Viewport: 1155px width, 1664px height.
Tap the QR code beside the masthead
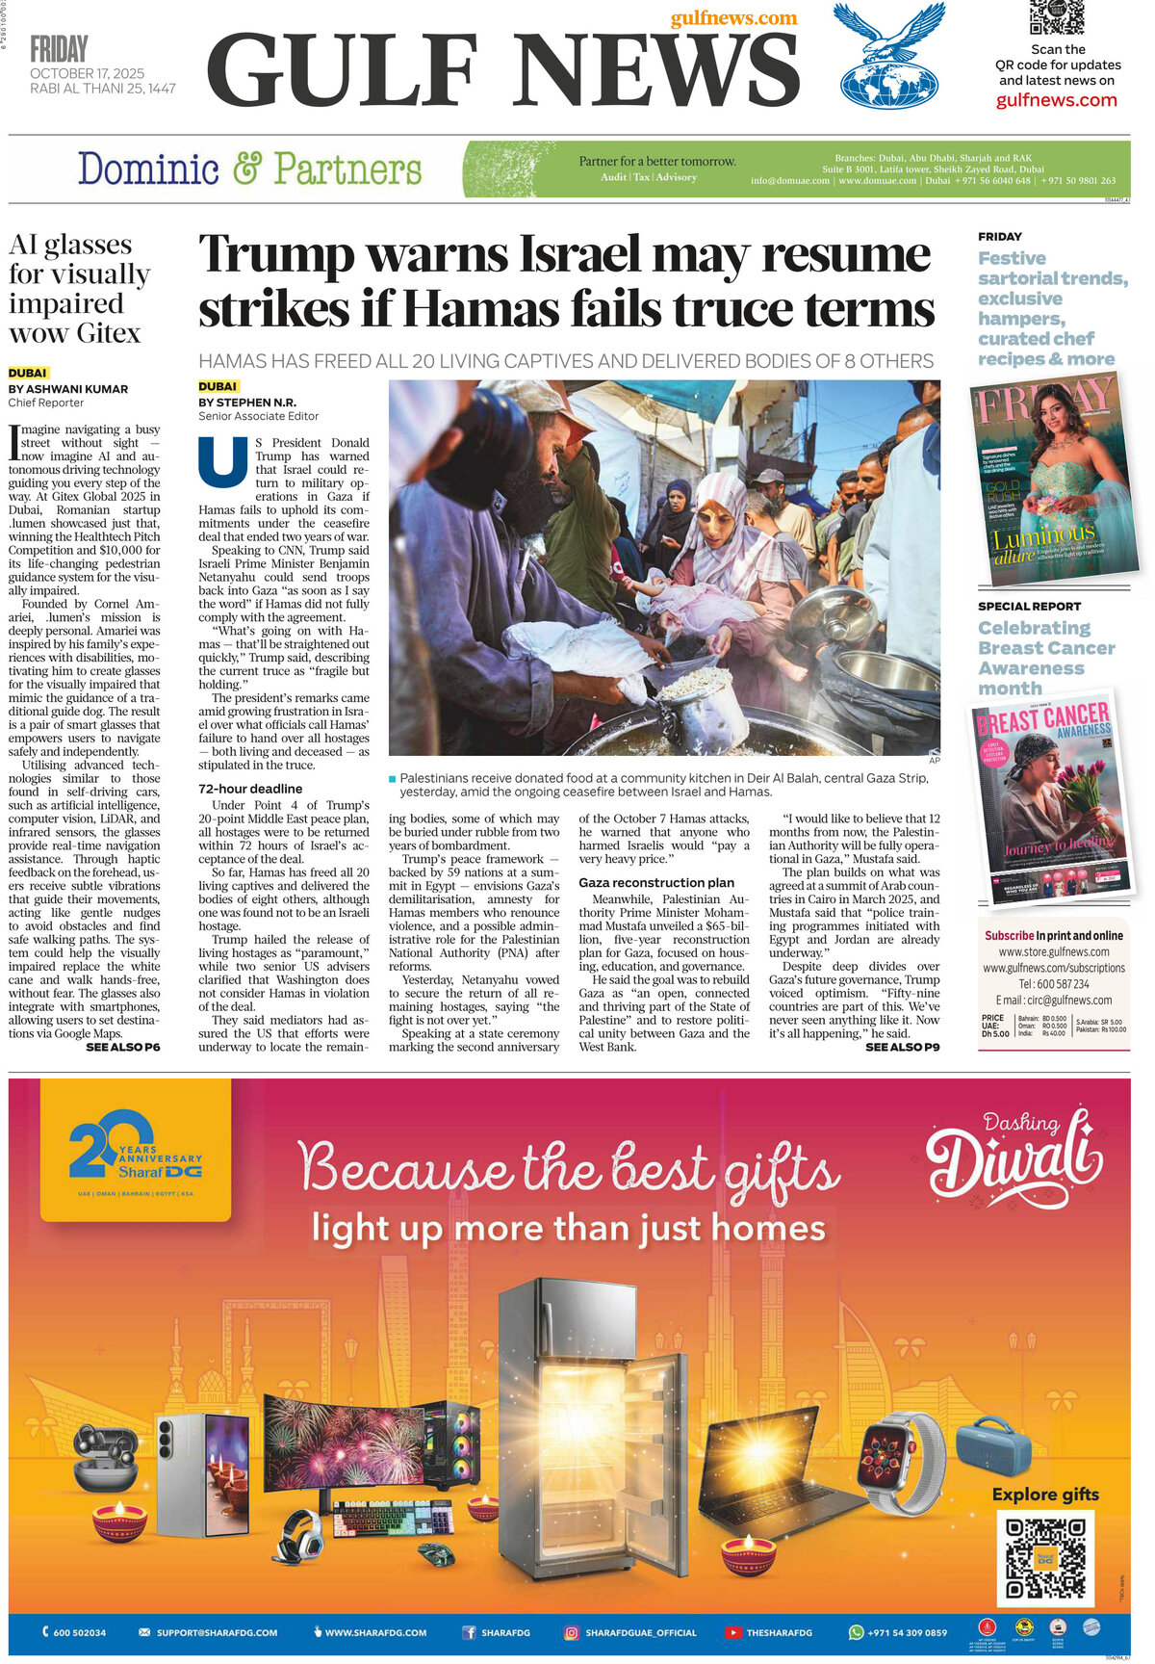pyautogui.click(x=1056, y=18)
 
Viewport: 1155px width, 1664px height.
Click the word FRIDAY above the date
pyautogui.click(x=59, y=49)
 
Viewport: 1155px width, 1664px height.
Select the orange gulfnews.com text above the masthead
pyautogui.click(x=733, y=18)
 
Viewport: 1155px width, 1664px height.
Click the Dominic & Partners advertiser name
pyautogui.click(x=249, y=169)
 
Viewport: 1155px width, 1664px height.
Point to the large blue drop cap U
pyautogui.click(x=222, y=460)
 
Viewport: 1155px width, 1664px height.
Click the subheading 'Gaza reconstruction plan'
pyautogui.click(x=656, y=882)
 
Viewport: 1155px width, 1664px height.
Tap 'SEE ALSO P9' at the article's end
pyautogui.click(x=902, y=1047)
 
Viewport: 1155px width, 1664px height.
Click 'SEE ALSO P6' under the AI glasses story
pyautogui.click(x=123, y=1047)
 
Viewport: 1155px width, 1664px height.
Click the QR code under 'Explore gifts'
pyautogui.click(x=1045, y=1557)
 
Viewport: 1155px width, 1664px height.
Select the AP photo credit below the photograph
pyautogui.click(x=934, y=761)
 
